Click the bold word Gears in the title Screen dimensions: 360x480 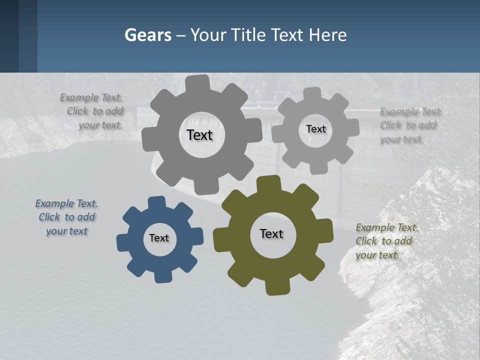click(x=148, y=35)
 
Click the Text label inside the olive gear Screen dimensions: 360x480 click(x=271, y=234)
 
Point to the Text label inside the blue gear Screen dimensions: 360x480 click(x=159, y=238)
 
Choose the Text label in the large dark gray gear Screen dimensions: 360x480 click(x=199, y=135)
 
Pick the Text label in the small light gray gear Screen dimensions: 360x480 click(x=316, y=129)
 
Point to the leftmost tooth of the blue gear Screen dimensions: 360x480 click(x=123, y=242)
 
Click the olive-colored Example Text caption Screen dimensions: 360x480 click(x=386, y=241)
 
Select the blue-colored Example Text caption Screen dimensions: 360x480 click(x=66, y=217)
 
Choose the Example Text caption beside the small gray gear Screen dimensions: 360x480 click(x=410, y=125)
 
